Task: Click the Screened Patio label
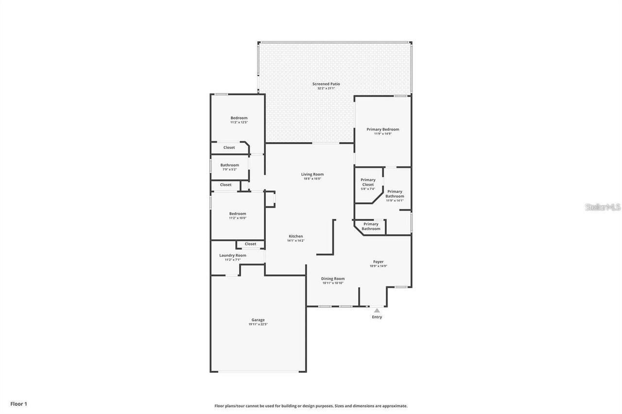click(326, 84)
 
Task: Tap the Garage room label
click(258, 320)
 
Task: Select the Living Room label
click(312, 174)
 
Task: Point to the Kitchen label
click(295, 236)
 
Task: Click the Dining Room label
click(333, 279)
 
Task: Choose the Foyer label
click(378, 262)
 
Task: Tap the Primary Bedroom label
click(382, 129)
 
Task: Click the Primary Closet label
click(368, 182)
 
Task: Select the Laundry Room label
click(233, 255)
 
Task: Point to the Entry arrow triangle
click(377, 310)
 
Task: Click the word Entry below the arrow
click(377, 317)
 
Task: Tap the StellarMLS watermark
click(603, 207)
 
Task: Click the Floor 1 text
click(19, 403)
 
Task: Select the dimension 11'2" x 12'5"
click(239, 122)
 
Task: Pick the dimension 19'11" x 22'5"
click(258, 324)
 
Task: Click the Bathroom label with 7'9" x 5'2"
click(229, 165)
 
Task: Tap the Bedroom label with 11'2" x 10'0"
click(238, 214)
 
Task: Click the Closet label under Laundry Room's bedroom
click(250, 244)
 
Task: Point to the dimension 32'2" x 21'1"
click(326, 88)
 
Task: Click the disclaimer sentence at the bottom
click(311, 406)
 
